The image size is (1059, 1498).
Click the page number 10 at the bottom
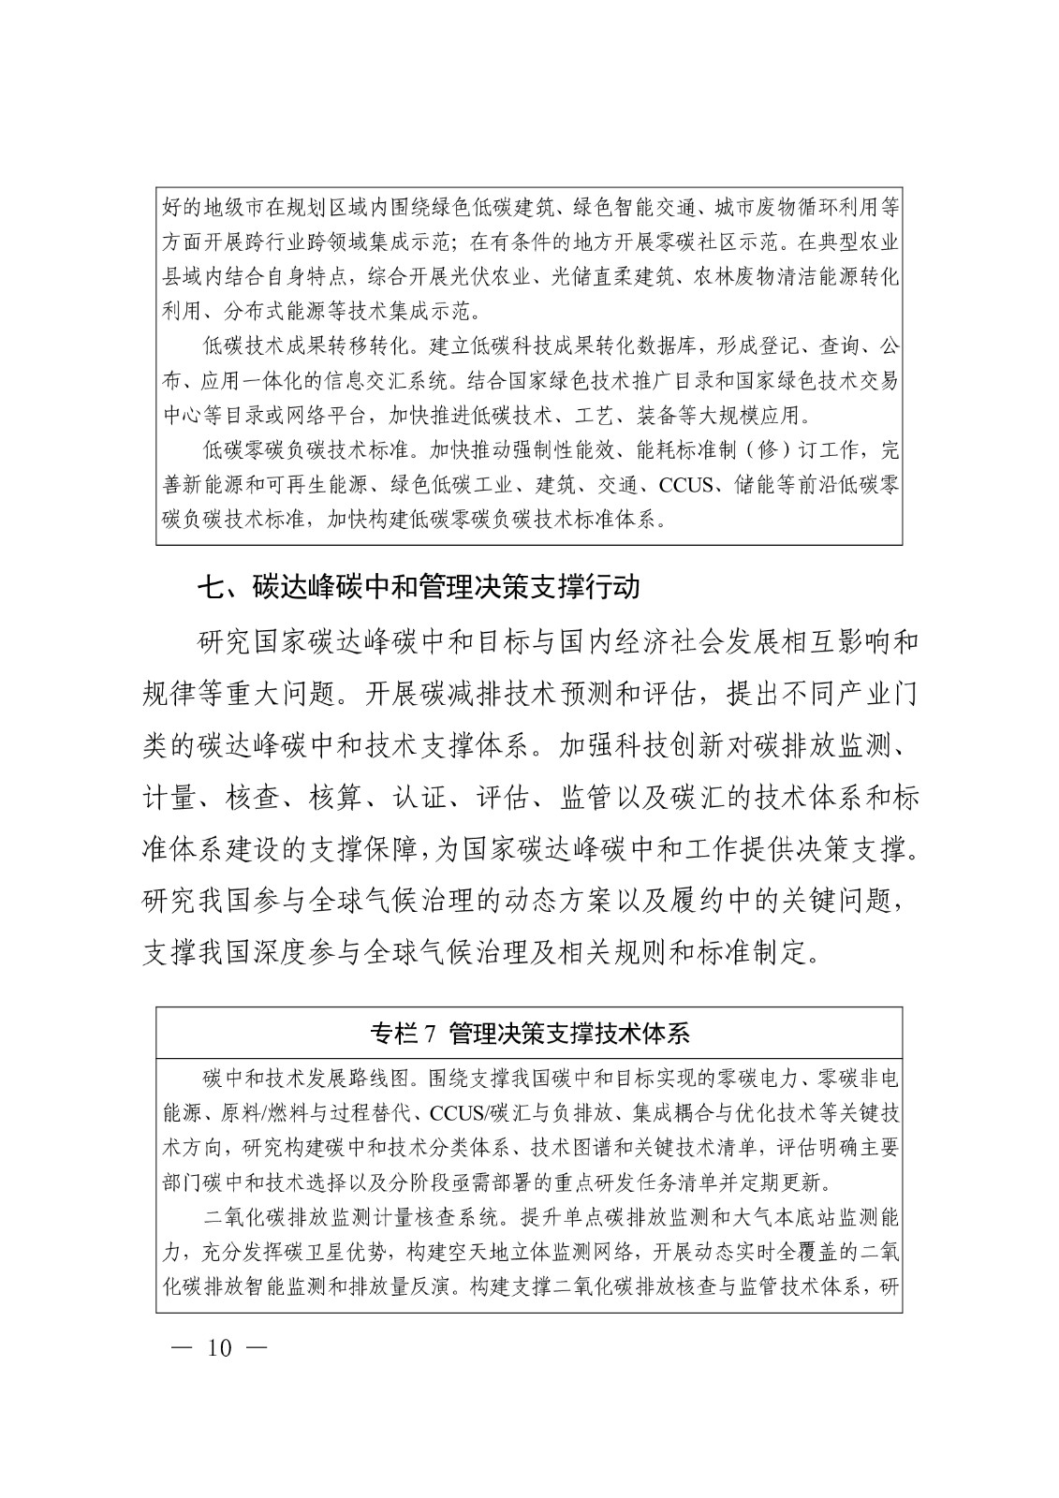pyautogui.click(x=219, y=1348)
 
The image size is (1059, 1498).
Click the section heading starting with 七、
pyautogui.click(x=418, y=587)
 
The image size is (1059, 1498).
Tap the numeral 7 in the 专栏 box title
pyautogui.click(x=431, y=1035)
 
